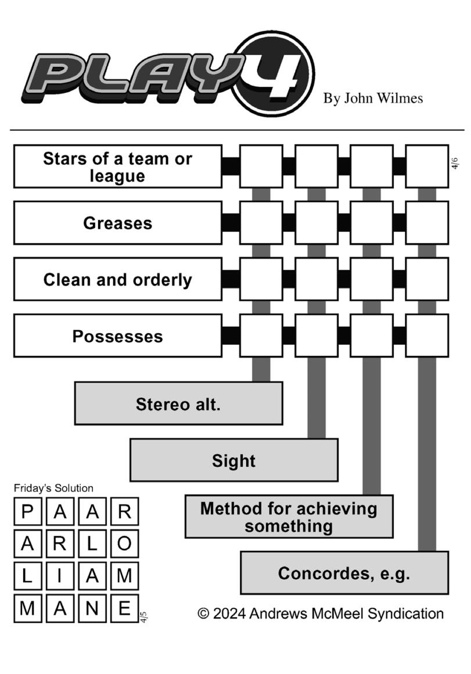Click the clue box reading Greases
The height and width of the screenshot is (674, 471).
(x=117, y=223)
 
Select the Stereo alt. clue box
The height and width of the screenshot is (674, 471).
(x=178, y=403)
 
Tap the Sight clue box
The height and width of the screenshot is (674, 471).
(x=233, y=460)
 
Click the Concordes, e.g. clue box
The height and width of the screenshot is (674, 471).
(x=344, y=572)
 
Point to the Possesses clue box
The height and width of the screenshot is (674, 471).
(x=117, y=336)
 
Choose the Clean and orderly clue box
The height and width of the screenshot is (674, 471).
(x=117, y=279)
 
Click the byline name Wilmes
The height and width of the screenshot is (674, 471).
(x=400, y=98)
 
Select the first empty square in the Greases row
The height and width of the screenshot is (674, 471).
(x=261, y=223)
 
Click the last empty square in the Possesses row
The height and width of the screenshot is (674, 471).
(x=427, y=336)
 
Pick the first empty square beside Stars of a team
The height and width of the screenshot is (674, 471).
(x=261, y=167)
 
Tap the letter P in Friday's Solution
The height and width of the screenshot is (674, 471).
(x=27, y=511)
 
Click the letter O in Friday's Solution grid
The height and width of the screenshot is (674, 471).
(x=124, y=544)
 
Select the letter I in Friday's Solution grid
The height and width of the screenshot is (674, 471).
(x=60, y=576)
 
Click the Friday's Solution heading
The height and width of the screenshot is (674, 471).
(x=53, y=488)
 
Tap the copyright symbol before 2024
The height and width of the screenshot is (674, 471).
(x=203, y=614)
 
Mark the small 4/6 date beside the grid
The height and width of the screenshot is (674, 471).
(x=455, y=164)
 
